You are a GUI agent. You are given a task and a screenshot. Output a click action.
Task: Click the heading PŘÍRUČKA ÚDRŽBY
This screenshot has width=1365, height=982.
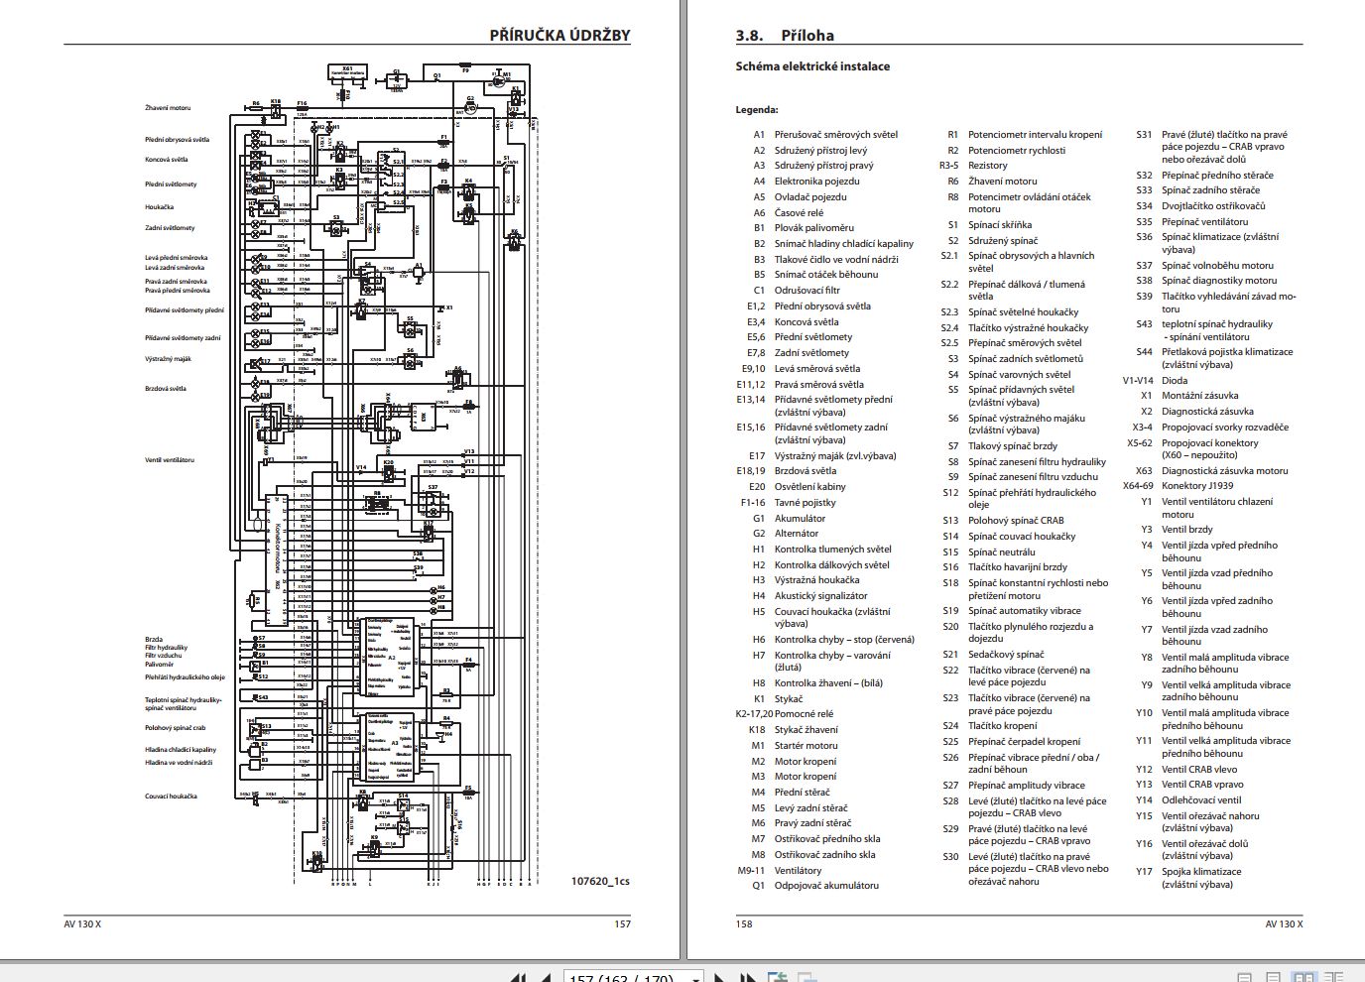coord(559,35)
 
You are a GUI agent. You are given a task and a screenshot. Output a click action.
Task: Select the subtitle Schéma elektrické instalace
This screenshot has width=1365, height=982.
coord(812,66)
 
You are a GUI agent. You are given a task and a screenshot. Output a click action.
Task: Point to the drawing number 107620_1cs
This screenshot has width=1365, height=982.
coord(600,881)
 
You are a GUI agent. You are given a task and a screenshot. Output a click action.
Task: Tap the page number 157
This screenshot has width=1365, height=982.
coord(622,923)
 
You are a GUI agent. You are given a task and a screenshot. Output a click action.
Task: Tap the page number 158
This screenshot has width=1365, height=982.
coord(744,923)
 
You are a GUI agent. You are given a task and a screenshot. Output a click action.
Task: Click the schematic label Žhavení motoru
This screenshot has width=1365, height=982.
coord(168,108)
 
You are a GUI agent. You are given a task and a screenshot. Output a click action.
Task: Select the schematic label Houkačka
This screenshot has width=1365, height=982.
coord(159,207)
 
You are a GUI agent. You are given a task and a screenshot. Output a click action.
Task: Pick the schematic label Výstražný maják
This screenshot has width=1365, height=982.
coord(168,359)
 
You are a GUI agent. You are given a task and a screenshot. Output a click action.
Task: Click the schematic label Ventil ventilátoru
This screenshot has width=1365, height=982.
coord(170,460)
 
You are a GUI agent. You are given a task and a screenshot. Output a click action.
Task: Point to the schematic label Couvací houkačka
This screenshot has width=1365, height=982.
coord(171,797)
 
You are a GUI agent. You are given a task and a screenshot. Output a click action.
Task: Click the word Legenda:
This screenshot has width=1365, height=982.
coord(757,110)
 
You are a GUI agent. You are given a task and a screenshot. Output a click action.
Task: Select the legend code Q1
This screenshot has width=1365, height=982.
coord(758,886)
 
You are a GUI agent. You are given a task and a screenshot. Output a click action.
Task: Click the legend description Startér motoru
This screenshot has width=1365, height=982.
coord(806,746)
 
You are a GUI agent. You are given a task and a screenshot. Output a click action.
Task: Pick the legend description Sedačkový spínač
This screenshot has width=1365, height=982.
coord(1006,655)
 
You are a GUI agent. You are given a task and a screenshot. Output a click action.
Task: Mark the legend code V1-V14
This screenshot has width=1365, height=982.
coord(1138,380)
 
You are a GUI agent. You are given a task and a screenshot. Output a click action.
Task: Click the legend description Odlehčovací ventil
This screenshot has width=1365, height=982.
coord(1201,799)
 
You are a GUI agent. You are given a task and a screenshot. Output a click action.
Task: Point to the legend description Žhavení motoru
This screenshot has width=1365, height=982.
coord(1002,182)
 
